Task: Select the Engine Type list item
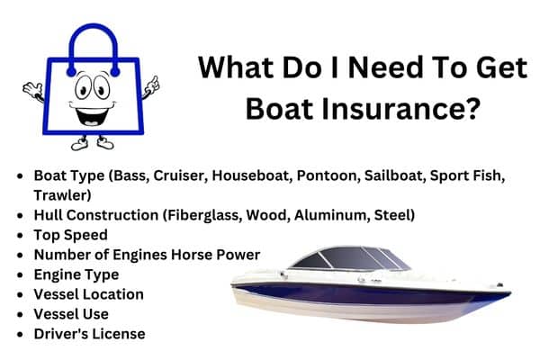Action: coord(76,274)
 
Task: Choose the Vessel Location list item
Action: coord(88,293)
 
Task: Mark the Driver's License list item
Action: coord(89,333)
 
